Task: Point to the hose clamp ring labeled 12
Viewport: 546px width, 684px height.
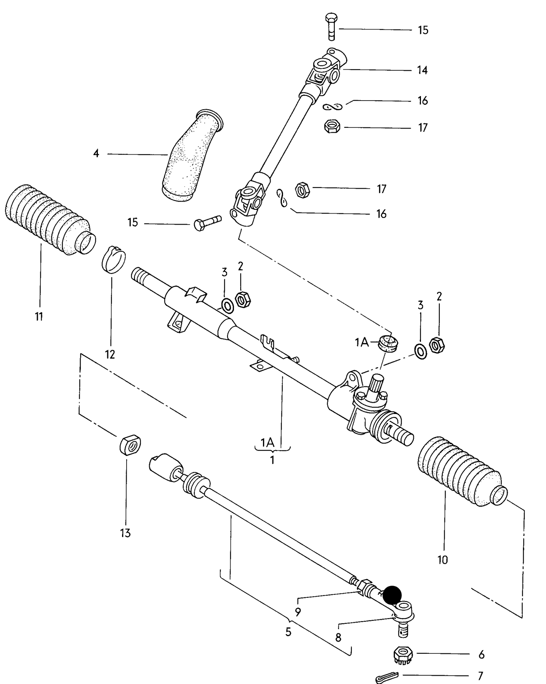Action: click(x=113, y=259)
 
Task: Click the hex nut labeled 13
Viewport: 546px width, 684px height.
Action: click(x=130, y=445)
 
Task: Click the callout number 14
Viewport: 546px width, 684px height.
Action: click(x=422, y=70)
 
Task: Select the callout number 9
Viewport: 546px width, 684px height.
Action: click(x=298, y=612)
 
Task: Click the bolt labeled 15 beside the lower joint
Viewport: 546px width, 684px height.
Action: click(x=206, y=223)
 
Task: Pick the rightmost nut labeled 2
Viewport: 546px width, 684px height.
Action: click(x=438, y=345)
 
